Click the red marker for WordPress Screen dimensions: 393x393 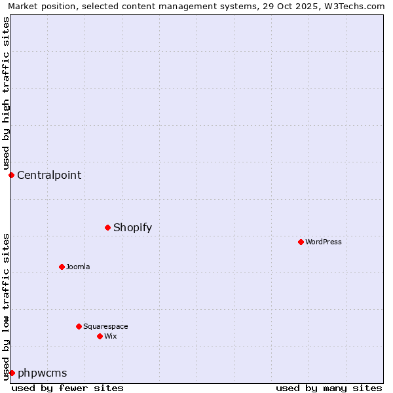(x=301, y=242)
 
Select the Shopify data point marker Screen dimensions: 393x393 (x=107, y=227)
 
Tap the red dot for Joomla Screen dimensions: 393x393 (x=62, y=267)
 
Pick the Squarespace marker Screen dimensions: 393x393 (x=79, y=326)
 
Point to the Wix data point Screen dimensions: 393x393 (x=100, y=336)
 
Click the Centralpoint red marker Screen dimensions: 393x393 (x=11, y=175)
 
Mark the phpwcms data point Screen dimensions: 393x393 (x=12, y=373)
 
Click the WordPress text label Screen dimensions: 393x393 (x=324, y=242)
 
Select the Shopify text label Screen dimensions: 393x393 (x=132, y=227)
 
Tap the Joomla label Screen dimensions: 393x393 (x=78, y=267)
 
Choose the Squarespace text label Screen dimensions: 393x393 (x=105, y=326)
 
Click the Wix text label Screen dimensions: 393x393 (x=111, y=336)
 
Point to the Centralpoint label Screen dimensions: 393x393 (x=49, y=175)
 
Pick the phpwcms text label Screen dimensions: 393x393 (x=43, y=373)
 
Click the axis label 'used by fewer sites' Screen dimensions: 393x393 (x=67, y=388)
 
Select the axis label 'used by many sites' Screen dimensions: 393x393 (x=329, y=388)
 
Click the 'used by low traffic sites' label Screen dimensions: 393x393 (x=6, y=307)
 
